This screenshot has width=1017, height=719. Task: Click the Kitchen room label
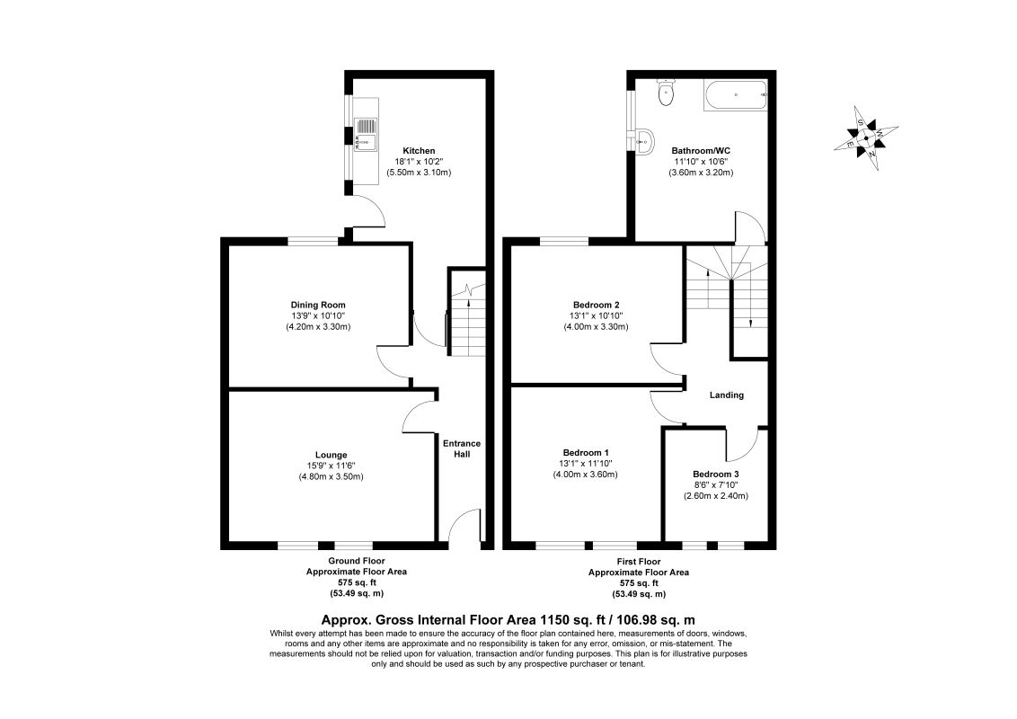[x=419, y=150]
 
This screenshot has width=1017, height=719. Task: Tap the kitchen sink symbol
[x=367, y=135]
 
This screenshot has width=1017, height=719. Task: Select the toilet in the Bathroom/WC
[x=666, y=93]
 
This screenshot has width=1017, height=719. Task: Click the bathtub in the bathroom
[x=734, y=94]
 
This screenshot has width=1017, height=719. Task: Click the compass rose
[x=865, y=138]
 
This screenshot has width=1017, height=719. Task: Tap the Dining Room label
[x=318, y=305]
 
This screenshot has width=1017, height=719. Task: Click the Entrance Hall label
[x=462, y=448]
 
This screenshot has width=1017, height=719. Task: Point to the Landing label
[x=727, y=395]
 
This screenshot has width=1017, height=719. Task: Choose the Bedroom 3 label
[x=716, y=474]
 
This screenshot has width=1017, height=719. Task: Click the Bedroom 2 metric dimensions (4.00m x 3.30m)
[x=597, y=326]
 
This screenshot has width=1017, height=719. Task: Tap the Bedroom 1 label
[x=587, y=452]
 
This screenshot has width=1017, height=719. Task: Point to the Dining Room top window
[x=313, y=240]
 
